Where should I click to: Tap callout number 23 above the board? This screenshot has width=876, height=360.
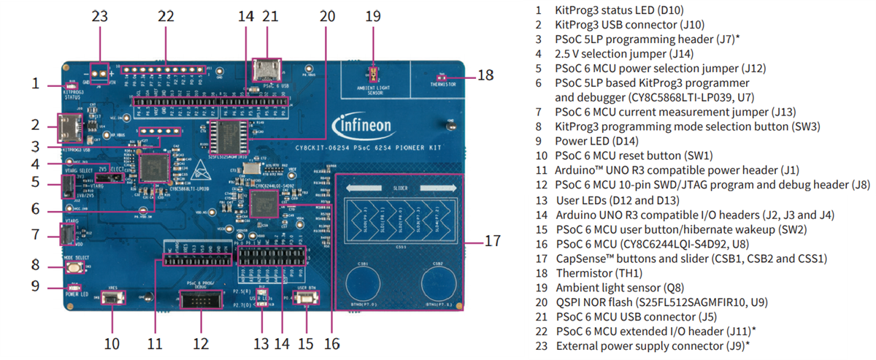pos(99,16)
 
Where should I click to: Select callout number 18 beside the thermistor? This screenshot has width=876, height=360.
pos(486,75)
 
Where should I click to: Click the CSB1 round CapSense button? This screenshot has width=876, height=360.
pos(363,287)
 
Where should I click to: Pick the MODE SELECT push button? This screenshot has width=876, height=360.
pos(73,268)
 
